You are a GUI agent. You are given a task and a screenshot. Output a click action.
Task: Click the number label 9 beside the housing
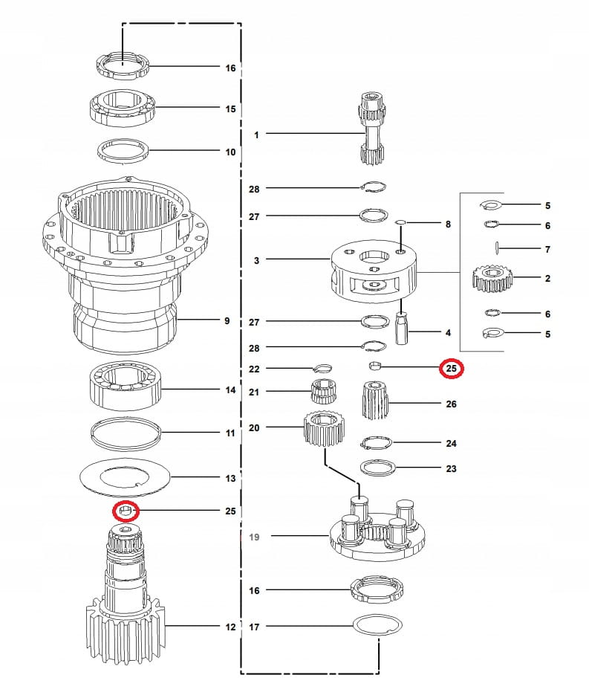(x=227, y=321)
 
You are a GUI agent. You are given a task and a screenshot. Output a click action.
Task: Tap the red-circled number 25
(x=451, y=368)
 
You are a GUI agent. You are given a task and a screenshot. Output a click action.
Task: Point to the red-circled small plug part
(x=126, y=511)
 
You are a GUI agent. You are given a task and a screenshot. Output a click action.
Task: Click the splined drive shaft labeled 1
(x=371, y=131)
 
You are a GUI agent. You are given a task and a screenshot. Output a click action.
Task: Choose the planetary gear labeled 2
(x=492, y=279)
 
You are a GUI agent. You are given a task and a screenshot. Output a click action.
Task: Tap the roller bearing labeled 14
(x=126, y=387)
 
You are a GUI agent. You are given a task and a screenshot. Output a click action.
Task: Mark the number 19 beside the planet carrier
(x=255, y=535)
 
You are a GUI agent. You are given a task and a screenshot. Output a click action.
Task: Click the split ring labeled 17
(x=377, y=627)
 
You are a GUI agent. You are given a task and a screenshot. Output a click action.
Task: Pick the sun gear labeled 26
(x=376, y=401)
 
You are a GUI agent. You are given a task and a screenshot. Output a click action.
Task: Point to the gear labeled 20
(x=324, y=430)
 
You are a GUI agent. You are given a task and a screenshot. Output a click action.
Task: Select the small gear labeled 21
(x=323, y=391)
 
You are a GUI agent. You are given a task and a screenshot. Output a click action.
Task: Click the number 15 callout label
(x=230, y=109)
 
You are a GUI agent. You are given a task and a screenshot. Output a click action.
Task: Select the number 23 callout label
(x=451, y=468)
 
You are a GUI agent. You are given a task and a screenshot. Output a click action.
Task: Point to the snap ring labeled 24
(x=377, y=444)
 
